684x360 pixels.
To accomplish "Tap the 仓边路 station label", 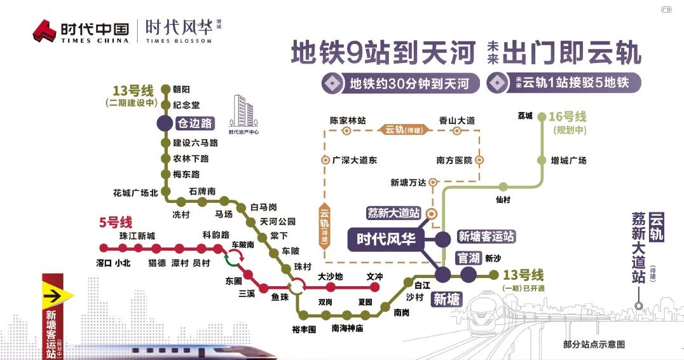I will click(195, 123).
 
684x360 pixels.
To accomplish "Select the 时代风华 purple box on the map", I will click(386, 239).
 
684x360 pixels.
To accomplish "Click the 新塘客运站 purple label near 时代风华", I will click(486, 237).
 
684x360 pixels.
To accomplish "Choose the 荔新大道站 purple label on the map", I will click(394, 213).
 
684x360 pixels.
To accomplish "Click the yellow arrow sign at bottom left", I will click(58, 295).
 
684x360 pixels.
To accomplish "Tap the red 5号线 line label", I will click(115, 223).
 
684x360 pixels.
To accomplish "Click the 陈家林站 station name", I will click(347, 120).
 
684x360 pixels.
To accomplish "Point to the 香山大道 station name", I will click(457, 120).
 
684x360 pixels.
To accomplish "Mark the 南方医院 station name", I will click(454, 161).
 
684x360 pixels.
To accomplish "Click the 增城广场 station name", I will click(568, 160).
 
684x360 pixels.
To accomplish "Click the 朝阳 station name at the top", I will click(181, 90).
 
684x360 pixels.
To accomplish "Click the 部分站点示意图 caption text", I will click(594, 344).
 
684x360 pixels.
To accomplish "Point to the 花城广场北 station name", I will click(135, 192).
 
